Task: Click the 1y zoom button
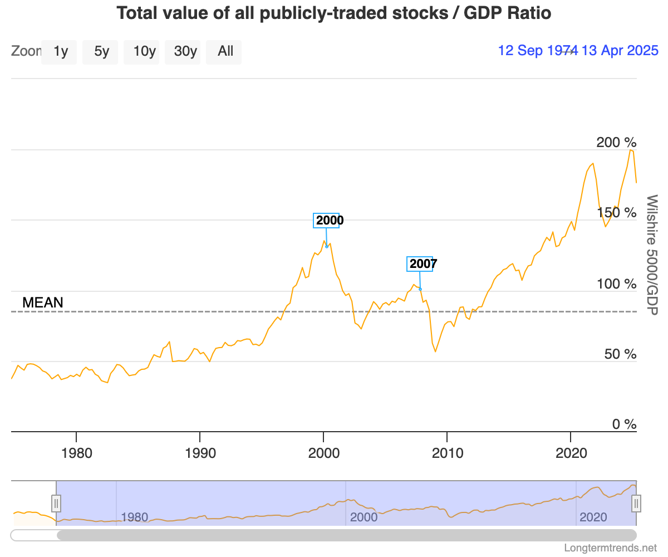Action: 61,52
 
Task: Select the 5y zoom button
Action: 101,52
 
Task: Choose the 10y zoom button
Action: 144,52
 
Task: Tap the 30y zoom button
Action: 185,52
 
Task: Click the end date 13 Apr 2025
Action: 620,51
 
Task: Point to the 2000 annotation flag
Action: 330,221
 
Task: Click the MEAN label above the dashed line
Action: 43,303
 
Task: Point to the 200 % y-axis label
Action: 616,143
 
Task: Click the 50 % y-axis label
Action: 620,354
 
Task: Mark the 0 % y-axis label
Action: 623,424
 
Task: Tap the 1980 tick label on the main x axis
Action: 76,453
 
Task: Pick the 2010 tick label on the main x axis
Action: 448,453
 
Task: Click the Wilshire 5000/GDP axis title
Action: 652,254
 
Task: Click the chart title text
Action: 334,13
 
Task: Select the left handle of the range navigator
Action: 56,504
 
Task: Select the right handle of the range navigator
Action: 636,504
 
